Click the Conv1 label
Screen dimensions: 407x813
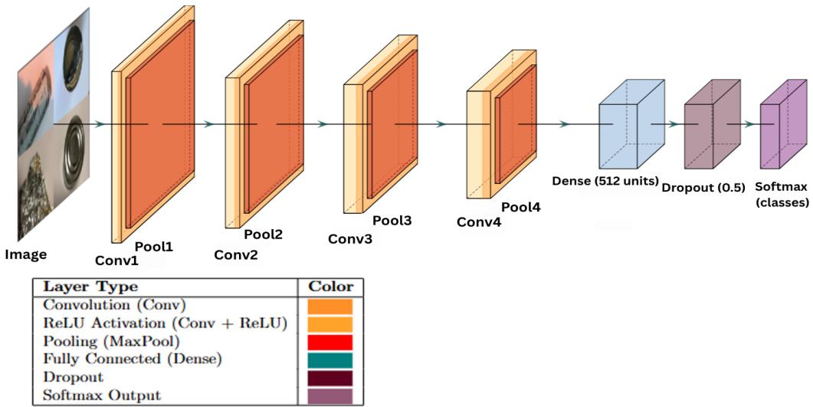(116, 260)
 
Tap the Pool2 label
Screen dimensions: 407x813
(263, 235)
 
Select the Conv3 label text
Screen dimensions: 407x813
(350, 238)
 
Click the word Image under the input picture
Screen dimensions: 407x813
(25, 254)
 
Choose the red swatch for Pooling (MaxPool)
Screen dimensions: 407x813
(330, 342)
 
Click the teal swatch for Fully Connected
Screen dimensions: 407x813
(330, 360)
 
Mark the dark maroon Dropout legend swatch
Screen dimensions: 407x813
(330, 378)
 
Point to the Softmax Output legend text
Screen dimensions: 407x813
(102, 396)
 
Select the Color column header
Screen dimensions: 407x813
(330, 287)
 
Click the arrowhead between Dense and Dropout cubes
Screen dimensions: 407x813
(673, 123)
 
